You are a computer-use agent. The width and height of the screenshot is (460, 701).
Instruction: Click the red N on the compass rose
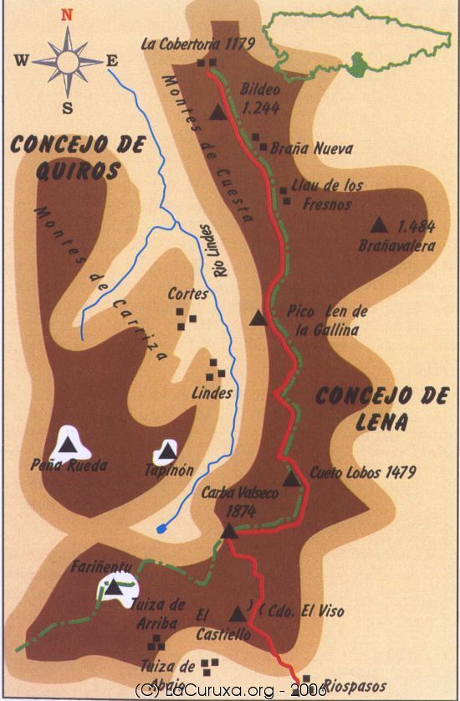[68, 14]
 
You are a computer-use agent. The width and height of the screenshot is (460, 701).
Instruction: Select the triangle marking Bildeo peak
[219, 112]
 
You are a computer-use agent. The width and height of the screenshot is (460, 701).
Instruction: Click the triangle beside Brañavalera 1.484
[380, 225]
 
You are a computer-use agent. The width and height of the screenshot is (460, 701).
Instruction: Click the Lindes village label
[212, 393]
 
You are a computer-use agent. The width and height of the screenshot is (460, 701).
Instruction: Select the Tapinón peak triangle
[168, 451]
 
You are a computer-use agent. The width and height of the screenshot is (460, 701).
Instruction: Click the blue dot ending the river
[161, 529]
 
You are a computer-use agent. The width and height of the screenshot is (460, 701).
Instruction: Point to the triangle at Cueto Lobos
[290, 478]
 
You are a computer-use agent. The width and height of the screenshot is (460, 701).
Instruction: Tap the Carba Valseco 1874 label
[240, 500]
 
